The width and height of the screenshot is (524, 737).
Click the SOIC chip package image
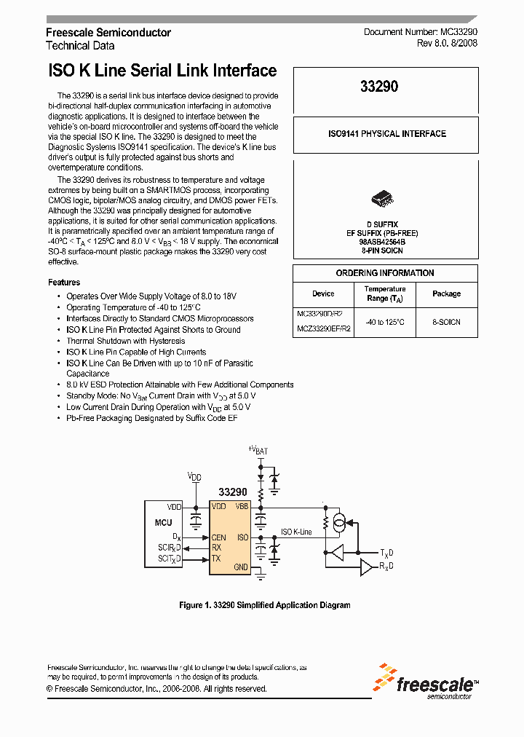(x=384, y=198)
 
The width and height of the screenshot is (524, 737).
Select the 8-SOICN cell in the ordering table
(x=446, y=321)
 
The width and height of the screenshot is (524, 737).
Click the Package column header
(x=446, y=293)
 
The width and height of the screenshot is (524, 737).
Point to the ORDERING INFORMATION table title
(x=385, y=273)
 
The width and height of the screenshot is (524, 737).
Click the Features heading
(x=64, y=283)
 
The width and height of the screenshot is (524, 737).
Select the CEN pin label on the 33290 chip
(x=218, y=537)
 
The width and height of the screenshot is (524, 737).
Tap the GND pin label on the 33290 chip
(x=240, y=567)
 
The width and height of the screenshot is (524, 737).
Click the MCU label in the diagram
(x=163, y=521)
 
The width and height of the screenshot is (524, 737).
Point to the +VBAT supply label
(x=258, y=450)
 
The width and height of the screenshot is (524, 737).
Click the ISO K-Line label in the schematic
(x=296, y=532)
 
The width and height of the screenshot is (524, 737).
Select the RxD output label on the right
(x=387, y=567)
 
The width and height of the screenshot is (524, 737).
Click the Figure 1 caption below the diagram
(x=264, y=605)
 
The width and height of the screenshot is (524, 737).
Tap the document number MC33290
(x=421, y=33)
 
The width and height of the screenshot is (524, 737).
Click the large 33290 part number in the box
(x=379, y=87)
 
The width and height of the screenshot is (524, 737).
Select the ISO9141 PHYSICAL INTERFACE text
(x=386, y=134)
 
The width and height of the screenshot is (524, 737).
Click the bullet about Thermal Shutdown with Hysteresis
(x=125, y=341)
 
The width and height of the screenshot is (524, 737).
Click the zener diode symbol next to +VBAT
(x=274, y=478)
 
